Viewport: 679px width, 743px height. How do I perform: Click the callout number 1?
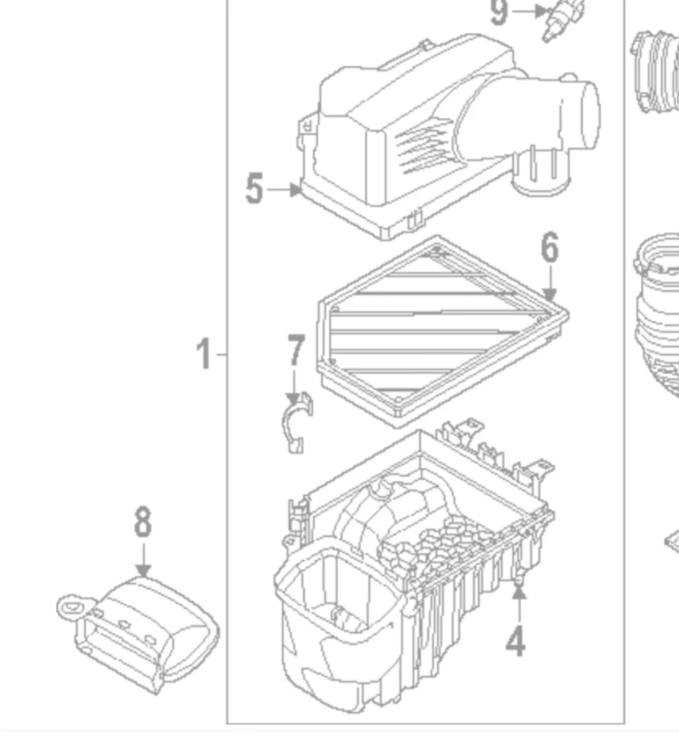pyautogui.click(x=203, y=354)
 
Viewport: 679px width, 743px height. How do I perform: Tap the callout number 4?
pyautogui.click(x=516, y=641)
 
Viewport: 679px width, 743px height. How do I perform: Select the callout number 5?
pyautogui.click(x=254, y=189)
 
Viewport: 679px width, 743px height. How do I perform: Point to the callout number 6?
pyautogui.click(x=549, y=249)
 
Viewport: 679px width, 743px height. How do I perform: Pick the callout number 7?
pyautogui.click(x=295, y=350)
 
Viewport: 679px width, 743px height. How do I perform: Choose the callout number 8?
pyautogui.click(x=143, y=521)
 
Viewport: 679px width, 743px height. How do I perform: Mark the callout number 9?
pyautogui.click(x=499, y=12)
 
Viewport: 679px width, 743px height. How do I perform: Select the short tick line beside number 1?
pyautogui.click(x=222, y=354)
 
